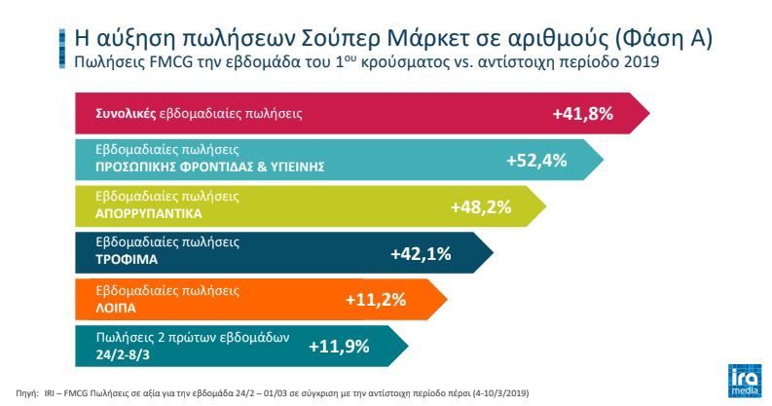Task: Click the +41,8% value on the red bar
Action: coord(582,113)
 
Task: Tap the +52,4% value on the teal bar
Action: coord(536,160)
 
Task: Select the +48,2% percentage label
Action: coord(481,206)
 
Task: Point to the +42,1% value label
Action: coord(421,253)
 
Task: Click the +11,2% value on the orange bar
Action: coord(375,299)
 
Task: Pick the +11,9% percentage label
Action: coord(338,345)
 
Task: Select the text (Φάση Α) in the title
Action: coord(663,38)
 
